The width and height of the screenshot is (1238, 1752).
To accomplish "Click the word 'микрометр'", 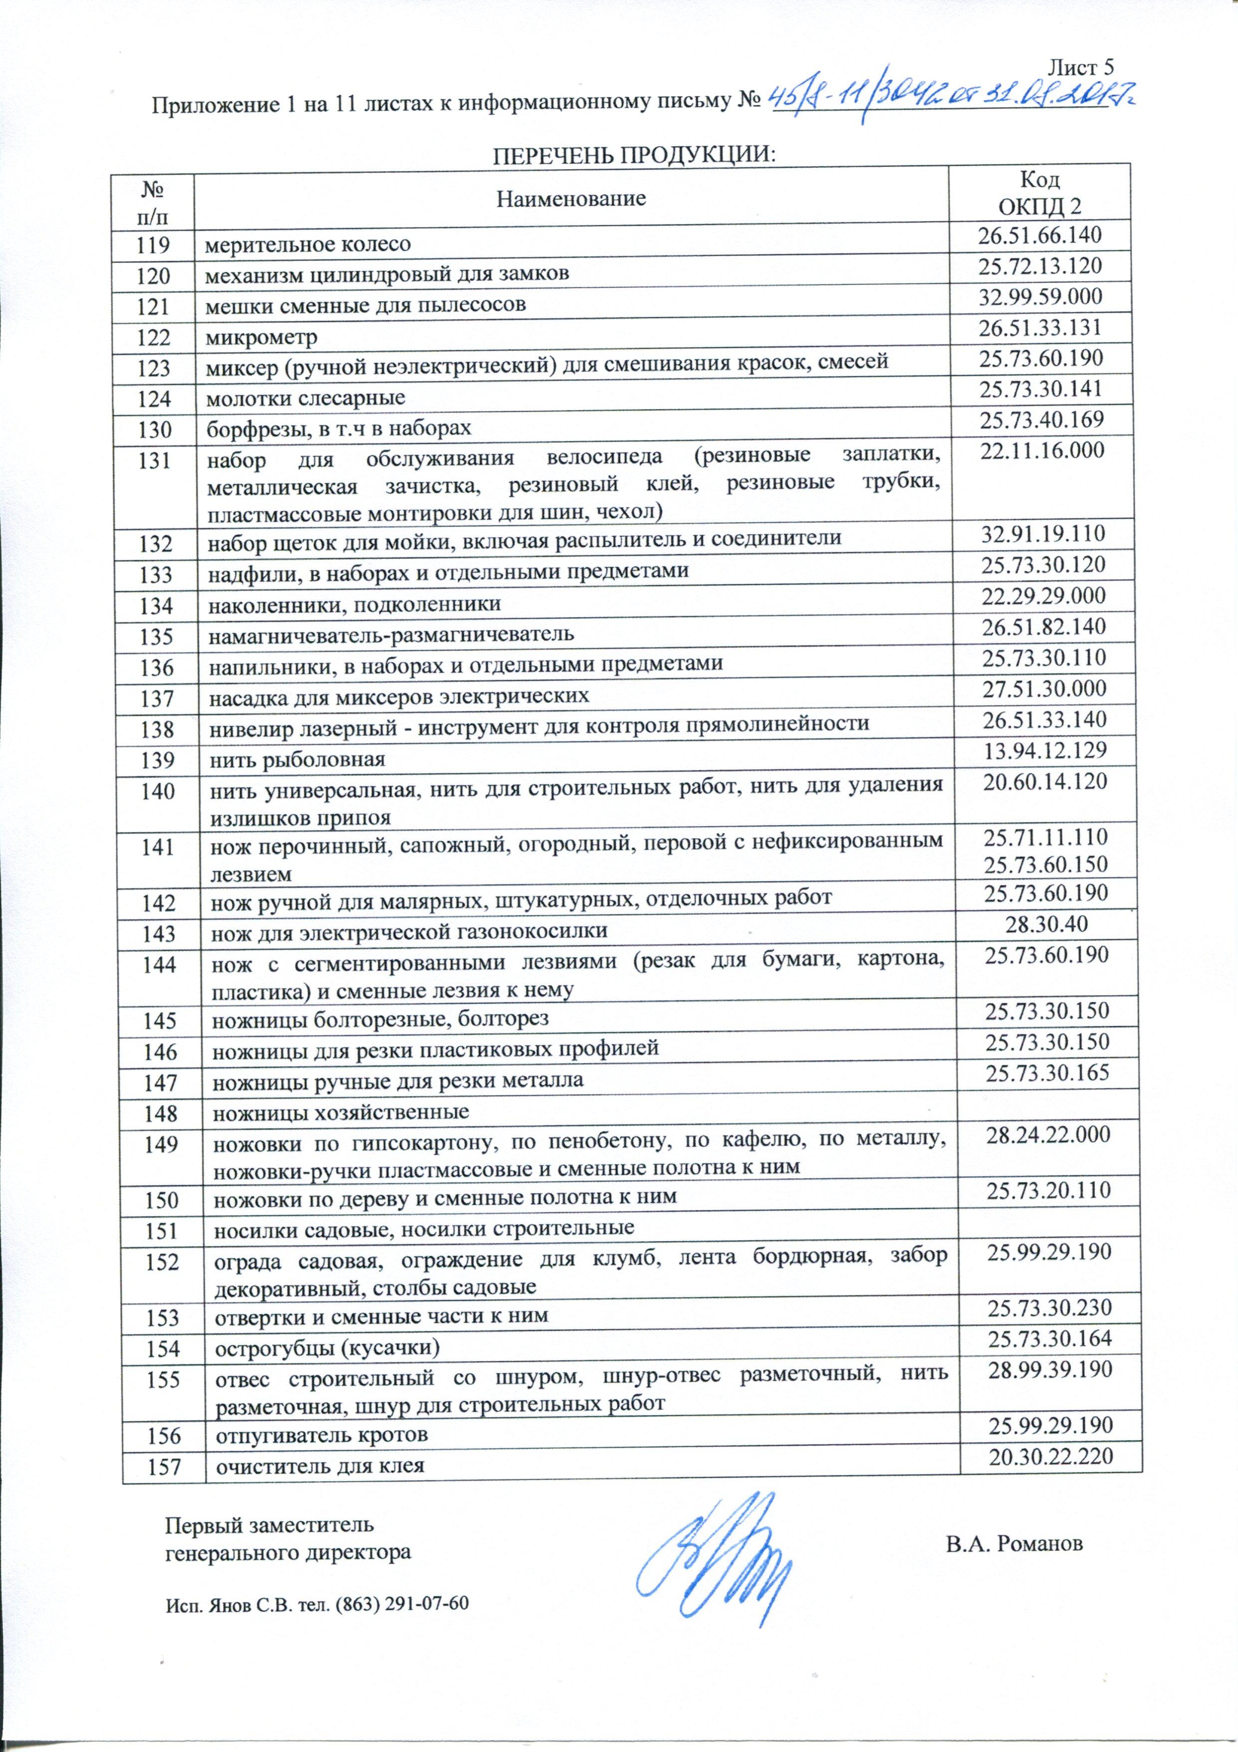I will pyautogui.click(x=261, y=337).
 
